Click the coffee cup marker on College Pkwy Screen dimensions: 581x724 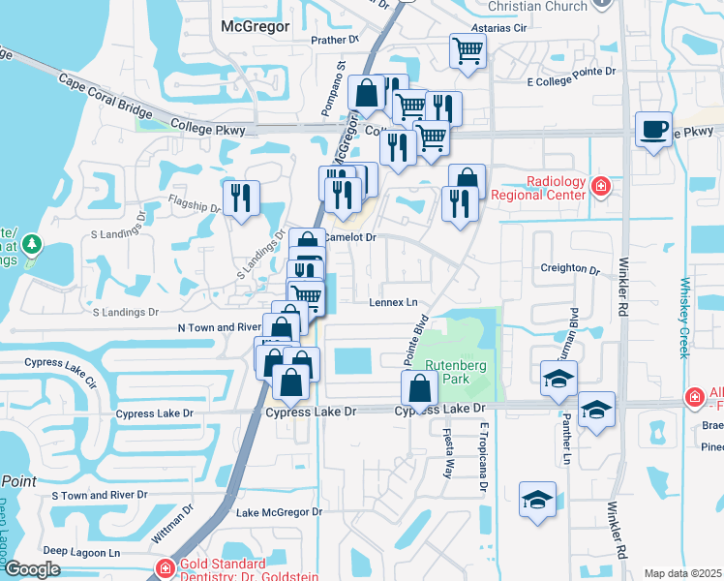[x=654, y=130]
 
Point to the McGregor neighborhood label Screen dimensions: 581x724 [x=256, y=26]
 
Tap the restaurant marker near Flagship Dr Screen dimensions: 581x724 [x=240, y=198]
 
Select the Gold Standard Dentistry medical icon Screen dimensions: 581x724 [x=166, y=567]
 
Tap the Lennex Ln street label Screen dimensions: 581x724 [x=392, y=302]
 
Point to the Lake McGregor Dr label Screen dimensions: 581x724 [x=279, y=511]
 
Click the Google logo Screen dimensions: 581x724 [x=32, y=568]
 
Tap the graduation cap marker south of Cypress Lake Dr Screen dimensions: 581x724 [x=537, y=500]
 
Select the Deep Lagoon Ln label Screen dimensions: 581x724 [x=81, y=552]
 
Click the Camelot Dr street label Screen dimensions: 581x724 [x=349, y=236]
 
